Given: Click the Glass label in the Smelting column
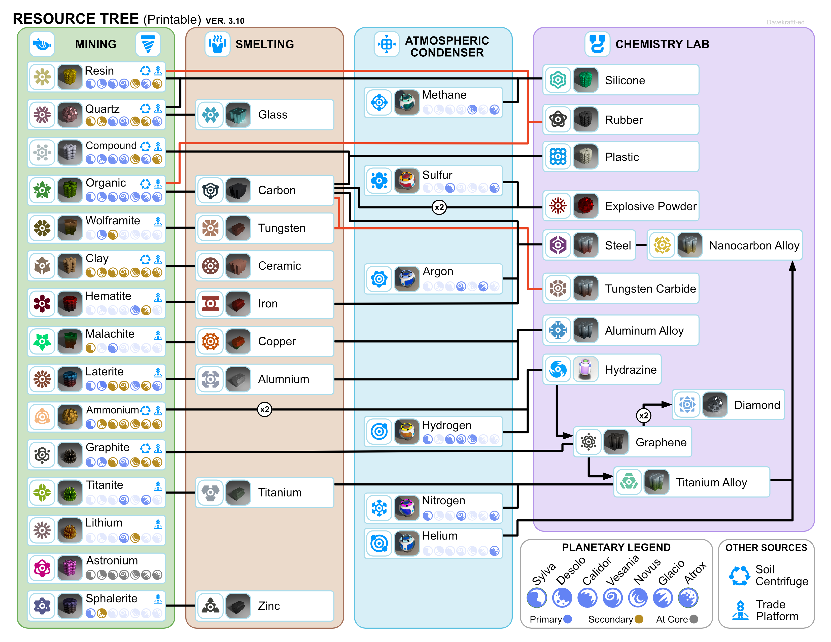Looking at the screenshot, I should tap(272, 115).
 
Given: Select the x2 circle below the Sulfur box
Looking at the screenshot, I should tap(439, 207).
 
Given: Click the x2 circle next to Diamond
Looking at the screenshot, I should tap(643, 415).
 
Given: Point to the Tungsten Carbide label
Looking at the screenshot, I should tap(650, 289).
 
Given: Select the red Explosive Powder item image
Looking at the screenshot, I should tap(585, 206).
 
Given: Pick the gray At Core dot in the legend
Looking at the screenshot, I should tap(694, 619).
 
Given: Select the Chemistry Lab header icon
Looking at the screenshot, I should tap(597, 44).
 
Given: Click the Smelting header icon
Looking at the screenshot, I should tap(217, 44).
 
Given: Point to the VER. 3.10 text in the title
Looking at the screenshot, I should tap(225, 21).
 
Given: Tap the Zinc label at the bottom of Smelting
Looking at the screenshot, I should tap(269, 606).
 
